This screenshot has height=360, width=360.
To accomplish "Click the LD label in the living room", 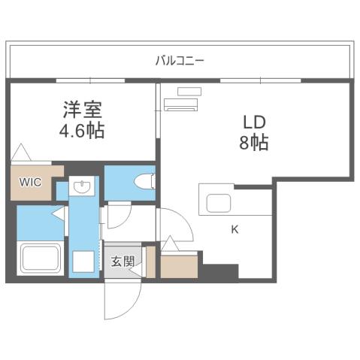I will pyautogui.click(x=254, y=121).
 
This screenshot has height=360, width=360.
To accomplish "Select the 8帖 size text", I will pyautogui.click(x=254, y=141).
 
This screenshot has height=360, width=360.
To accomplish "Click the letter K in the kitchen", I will pyautogui.click(x=234, y=230).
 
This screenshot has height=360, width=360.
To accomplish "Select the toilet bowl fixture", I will pyautogui.click(x=145, y=181).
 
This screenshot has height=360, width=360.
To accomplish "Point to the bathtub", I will pyautogui.click(x=41, y=259).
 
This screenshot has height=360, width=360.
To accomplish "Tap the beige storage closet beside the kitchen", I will pyautogui.click(x=180, y=265).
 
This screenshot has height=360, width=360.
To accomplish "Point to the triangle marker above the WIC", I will pyautogui.click(x=21, y=152).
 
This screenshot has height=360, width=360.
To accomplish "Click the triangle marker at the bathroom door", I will pyautogui.click(x=57, y=216).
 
